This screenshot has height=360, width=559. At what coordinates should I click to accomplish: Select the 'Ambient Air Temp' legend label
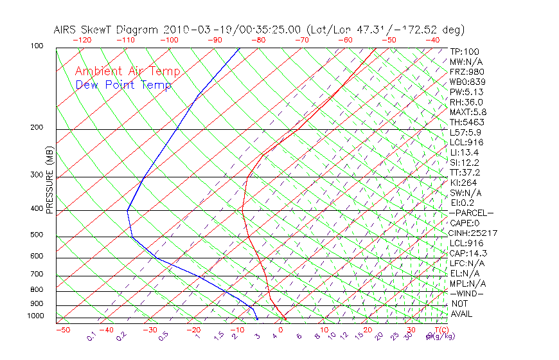127,72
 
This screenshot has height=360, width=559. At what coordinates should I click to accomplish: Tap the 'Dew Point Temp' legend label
123,85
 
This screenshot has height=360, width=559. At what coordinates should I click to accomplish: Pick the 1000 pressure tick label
37,316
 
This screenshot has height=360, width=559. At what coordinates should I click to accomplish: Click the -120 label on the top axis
82,40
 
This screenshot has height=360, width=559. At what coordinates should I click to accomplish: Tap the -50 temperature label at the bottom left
62,330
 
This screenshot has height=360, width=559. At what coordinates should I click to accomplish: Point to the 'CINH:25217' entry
474,233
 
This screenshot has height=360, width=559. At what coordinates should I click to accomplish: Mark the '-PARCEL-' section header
471,213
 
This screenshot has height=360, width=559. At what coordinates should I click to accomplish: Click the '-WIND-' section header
467,294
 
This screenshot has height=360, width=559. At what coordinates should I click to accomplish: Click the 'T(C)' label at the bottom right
439,330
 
